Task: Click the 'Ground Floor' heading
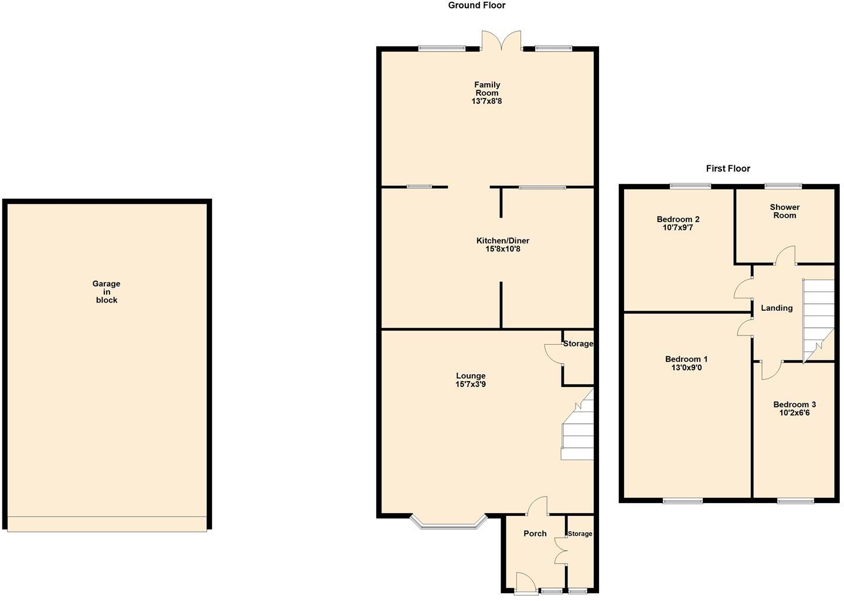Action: click(477, 5)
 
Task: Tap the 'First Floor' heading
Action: click(728, 169)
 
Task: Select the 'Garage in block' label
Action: click(106, 292)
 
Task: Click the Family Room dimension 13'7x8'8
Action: click(487, 101)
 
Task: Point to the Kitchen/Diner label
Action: click(502, 240)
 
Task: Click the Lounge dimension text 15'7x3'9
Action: click(471, 385)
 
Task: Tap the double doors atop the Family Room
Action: click(501, 41)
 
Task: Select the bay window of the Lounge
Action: click(448, 522)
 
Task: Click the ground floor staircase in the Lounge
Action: click(578, 428)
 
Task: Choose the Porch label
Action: click(535, 534)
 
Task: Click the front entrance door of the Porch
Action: click(526, 583)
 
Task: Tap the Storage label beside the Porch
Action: click(580, 534)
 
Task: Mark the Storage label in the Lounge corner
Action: click(578, 344)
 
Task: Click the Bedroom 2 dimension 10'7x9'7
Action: click(678, 228)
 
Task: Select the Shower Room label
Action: click(784, 211)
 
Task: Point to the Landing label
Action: click(777, 308)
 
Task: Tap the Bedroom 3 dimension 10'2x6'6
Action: click(795, 413)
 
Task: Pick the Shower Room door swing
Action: click(785, 256)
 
